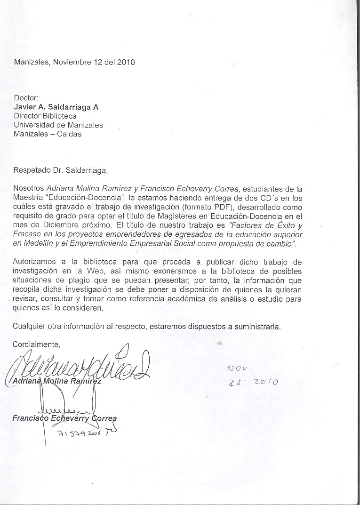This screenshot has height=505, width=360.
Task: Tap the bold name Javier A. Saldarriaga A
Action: [56, 107]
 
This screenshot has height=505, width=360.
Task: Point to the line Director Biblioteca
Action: [45, 116]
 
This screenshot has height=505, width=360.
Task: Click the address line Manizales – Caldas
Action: [48, 134]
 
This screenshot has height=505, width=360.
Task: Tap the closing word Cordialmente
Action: [37, 345]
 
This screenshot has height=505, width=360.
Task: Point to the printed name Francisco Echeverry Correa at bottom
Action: [64, 418]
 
